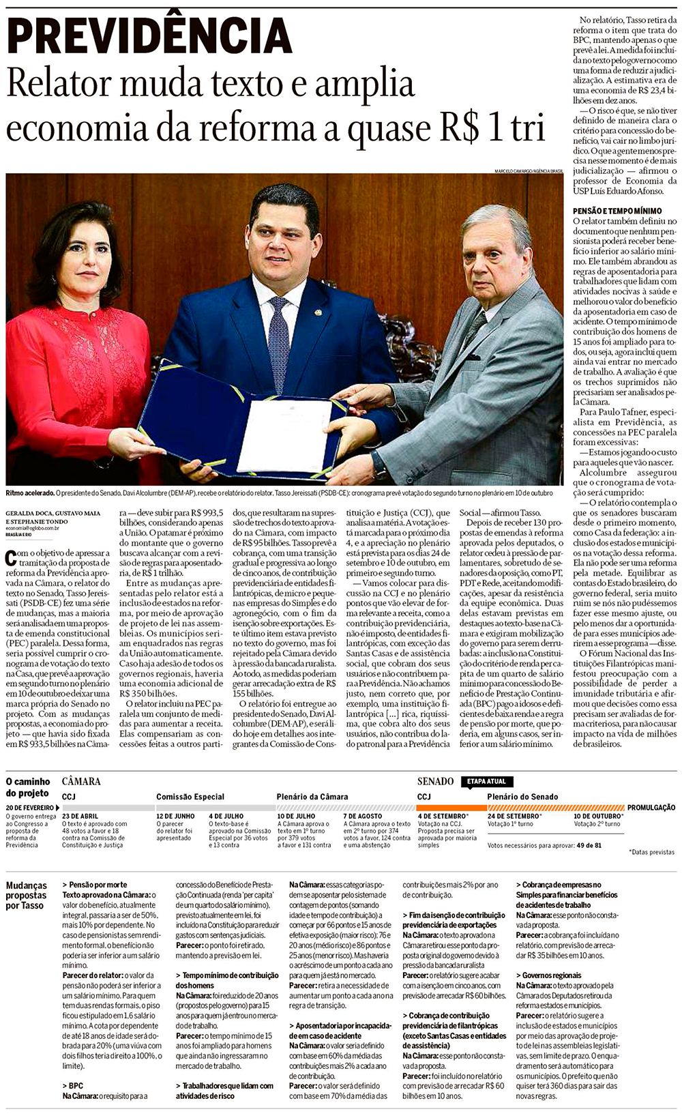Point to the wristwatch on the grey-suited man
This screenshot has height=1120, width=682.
coord(379,465)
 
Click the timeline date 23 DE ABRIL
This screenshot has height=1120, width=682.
coord(80,816)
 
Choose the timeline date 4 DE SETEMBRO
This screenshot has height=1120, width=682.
coord(443,816)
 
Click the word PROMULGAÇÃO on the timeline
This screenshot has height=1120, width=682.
coord(651,807)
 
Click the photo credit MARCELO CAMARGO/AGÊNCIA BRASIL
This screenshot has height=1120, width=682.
coord(529,171)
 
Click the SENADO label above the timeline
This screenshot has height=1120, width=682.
coord(435,781)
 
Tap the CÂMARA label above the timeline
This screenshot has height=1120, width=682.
coord(80,781)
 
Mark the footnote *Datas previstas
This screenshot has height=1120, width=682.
coord(651,852)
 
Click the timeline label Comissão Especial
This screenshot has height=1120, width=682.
coord(190,797)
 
